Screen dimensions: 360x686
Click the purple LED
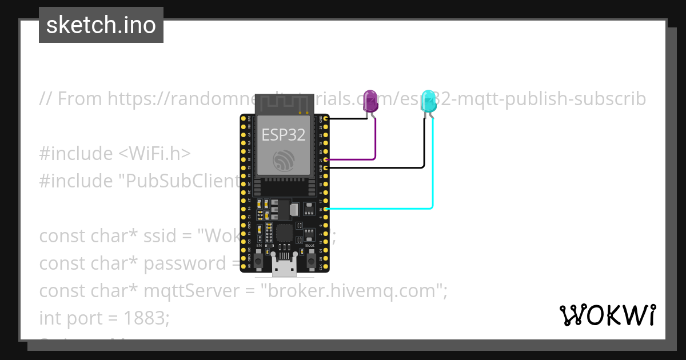pyautogui.click(x=370, y=100)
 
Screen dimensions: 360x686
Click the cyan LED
pyautogui.click(x=428, y=101)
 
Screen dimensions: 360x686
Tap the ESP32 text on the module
pyautogui.click(x=284, y=135)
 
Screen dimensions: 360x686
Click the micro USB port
pyautogui.click(x=284, y=266)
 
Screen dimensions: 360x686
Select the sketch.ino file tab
pyautogui.click(x=101, y=25)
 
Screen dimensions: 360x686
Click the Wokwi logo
pyautogui.click(x=607, y=315)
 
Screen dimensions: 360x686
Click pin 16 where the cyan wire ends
pyautogui.click(x=325, y=209)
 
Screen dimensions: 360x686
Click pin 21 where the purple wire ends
pyautogui.click(x=325, y=159)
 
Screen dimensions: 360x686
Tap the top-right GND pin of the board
pyautogui.click(x=325, y=119)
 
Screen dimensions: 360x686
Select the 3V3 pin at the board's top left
pyautogui.click(x=244, y=119)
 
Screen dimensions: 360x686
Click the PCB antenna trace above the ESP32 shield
pyautogui.click(x=284, y=103)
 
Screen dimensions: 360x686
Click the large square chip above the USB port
pyautogui.click(x=284, y=233)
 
